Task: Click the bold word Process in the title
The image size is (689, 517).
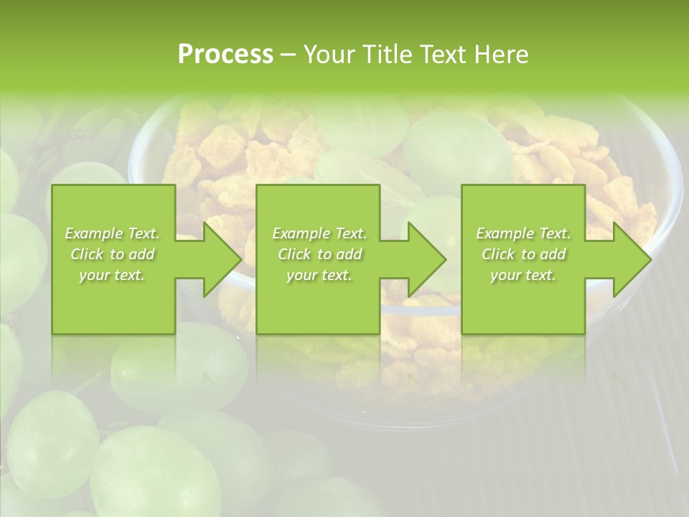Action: click(225, 55)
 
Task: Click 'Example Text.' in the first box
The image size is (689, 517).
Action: click(112, 233)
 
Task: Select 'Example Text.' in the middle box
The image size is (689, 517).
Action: click(319, 233)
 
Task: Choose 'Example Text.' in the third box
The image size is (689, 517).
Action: click(523, 233)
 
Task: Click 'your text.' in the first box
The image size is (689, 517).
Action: click(112, 275)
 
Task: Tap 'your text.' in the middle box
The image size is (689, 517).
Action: click(319, 275)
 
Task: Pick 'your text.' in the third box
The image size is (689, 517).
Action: click(523, 275)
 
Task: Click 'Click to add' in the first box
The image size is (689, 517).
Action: click(112, 254)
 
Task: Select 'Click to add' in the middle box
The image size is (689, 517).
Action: click(319, 254)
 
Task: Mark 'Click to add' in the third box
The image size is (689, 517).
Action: click(523, 254)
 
